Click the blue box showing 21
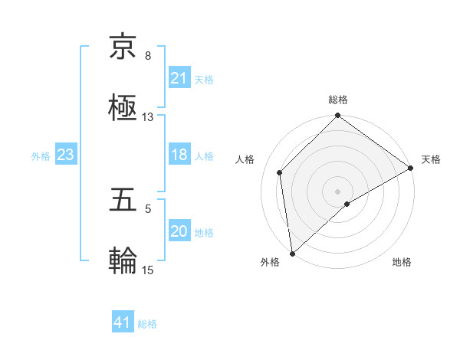point(179,77)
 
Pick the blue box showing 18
point(179,155)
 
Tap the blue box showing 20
point(179,231)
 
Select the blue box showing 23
point(66,155)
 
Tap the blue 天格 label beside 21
point(204,79)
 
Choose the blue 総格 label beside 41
point(147,324)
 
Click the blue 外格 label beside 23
point(41,156)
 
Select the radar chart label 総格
point(338,100)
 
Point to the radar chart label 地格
point(402,262)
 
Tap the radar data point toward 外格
point(292,254)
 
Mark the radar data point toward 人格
point(280,172)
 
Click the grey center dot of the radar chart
point(338,191)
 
